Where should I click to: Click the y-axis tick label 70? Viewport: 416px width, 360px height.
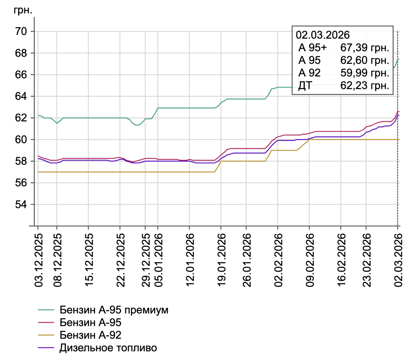click(21, 31)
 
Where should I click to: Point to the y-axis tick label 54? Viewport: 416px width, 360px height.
click(21, 204)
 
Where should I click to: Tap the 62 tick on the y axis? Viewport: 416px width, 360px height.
click(21, 118)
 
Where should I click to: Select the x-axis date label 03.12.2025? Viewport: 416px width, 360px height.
click(39, 260)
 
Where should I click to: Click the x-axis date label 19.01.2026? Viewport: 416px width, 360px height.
click(222, 260)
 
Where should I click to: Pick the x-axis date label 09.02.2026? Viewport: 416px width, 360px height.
click(310, 260)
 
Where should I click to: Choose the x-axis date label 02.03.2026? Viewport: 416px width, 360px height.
click(398, 260)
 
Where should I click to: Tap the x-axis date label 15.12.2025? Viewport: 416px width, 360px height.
click(89, 260)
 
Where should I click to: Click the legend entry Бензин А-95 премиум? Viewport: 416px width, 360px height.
click(114, 310)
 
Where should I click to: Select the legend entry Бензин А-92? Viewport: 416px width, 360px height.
click(90, 335)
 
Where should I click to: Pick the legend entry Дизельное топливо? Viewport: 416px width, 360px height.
click(108, 348)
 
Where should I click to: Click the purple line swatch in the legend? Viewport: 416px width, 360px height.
click(46, 348)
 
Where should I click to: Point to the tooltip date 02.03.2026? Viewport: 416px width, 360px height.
click(323, 35)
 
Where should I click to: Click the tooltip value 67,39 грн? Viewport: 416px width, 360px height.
click(365, 48)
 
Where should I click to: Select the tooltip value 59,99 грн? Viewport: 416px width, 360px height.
click(365, 73)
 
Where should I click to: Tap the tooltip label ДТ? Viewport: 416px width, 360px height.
click(305, 86)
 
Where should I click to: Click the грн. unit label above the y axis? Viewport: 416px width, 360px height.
click(23, 10)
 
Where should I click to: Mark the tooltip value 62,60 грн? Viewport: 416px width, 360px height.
click(365, 60)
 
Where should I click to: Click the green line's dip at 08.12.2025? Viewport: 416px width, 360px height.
click(57, 123)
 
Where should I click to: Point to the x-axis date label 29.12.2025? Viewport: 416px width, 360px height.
click(146, 260)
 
